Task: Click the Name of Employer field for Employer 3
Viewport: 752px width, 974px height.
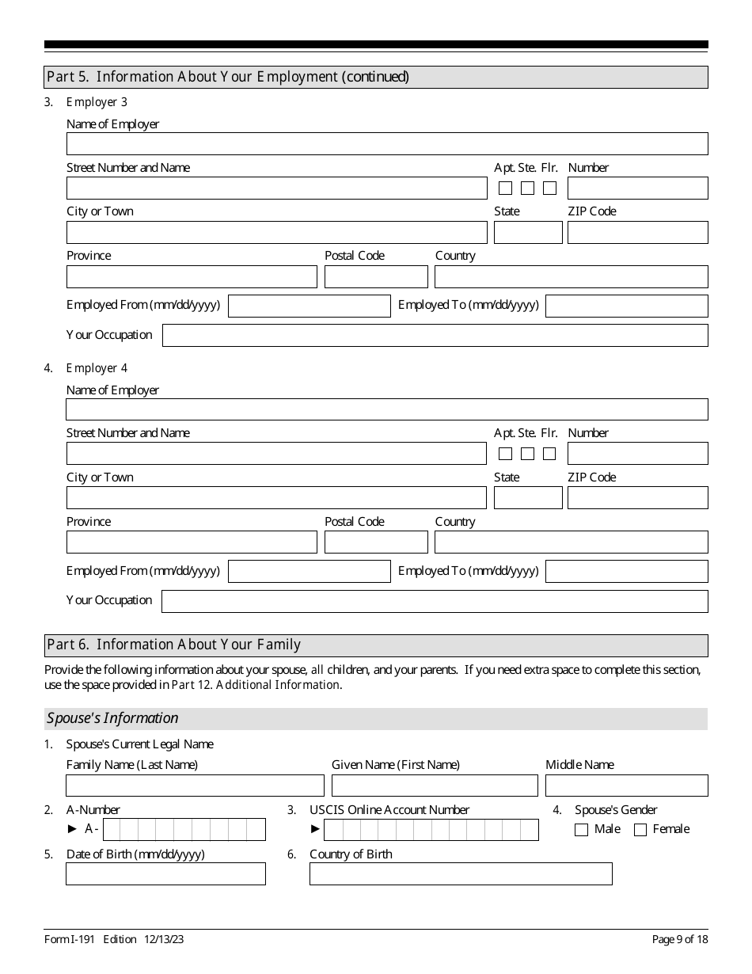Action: tap(387, 143)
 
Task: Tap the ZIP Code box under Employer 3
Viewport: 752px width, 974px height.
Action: tap(637, 232)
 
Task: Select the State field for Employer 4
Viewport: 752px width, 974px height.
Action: tap(527, 497)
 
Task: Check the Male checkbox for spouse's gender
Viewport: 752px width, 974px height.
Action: tap(581, 830)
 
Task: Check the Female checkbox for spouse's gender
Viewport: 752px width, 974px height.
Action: tap(640, 830)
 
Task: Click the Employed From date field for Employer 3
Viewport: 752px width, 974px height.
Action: tap(309, 306)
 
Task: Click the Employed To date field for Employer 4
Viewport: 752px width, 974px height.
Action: tap(626, 571)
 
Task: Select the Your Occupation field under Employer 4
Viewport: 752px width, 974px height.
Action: tap(435, 601)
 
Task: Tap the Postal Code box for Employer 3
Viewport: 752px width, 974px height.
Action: tap(376, 276)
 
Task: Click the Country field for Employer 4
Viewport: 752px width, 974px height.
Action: tap(571, 542)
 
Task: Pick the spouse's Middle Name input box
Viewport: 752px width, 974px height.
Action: tap(626, 785)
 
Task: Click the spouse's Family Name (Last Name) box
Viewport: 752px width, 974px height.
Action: tap(195, 785)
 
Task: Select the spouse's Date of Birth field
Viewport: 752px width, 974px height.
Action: tap(165, 873)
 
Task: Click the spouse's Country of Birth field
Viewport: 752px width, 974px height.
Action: tap(461, 873)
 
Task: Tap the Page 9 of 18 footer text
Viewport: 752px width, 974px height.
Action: tap(679, 939)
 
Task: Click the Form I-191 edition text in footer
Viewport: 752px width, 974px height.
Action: tap(115, 939)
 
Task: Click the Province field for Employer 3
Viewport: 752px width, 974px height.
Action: tap(192, 276)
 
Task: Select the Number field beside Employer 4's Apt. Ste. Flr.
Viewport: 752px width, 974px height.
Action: tap(637, 453)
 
